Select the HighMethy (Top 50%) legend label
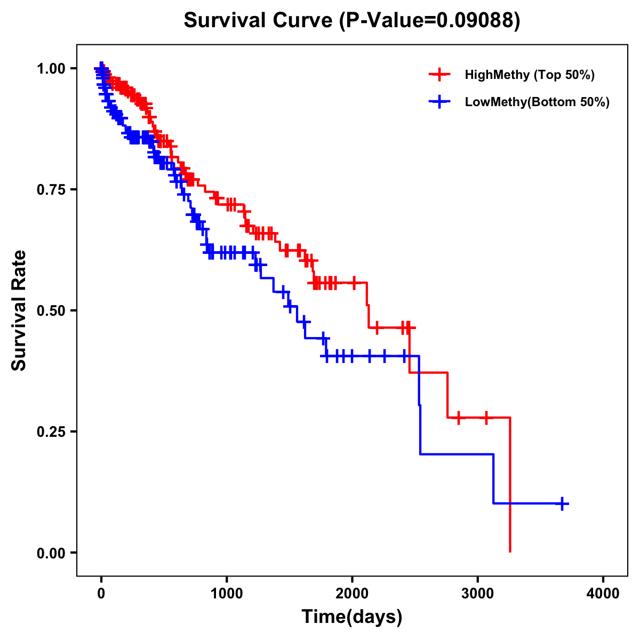(x=530, y=75)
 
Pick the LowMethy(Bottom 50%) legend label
(x=537, y=102)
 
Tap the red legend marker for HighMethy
(x=439, y=75)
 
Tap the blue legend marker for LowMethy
(x=439, y=102)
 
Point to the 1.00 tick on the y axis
(x=51, y=68)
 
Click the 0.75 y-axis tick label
(x=51, y=189)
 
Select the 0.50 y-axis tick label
(x=51, y=310)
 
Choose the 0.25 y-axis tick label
(x=51, y=431)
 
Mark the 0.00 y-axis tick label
(x=51, y=553)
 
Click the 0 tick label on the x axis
(x=101, y=594)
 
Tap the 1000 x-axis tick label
(x=227, y=594)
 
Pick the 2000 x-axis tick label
(x=352, y=594)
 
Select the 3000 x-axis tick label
(x=478, y=594)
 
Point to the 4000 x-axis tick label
(x=603, y=594)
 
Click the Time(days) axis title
(x=352, y=617)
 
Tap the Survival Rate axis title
(x=19, y=310)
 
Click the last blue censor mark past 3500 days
(x=562, y=503)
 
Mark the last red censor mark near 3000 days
(x=486, y=418)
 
